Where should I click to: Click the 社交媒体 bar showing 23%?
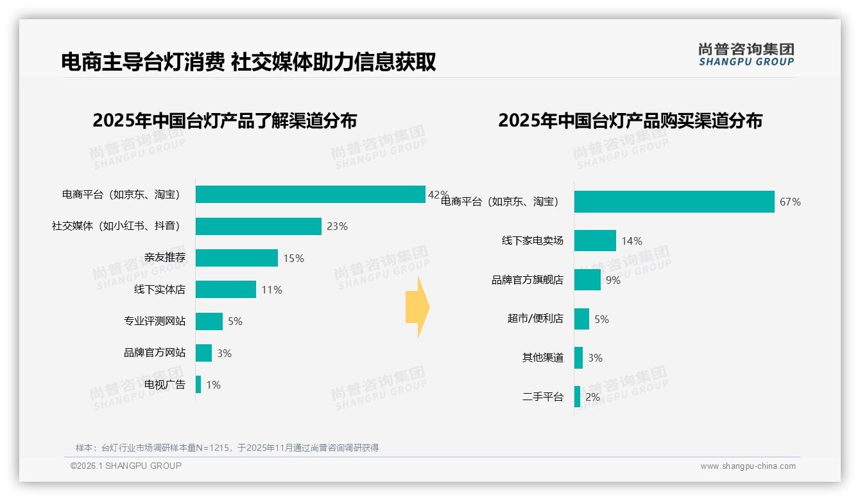pos(258,226)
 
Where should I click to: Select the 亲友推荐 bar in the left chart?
pos(236,258)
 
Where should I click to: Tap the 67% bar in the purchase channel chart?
pos(674,202)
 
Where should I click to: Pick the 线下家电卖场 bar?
pos(595,241)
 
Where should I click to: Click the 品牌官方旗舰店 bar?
pos(587,280)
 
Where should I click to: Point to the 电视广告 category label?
pos(165,385)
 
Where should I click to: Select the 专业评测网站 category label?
pos(155,321)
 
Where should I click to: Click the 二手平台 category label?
pos(543,397)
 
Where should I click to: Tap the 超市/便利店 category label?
pos(535,319)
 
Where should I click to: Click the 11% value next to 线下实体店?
pos(271,290)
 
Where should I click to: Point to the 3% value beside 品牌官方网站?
pos(224,353)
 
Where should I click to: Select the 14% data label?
pos(632,242)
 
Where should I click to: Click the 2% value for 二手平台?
pos(592,397)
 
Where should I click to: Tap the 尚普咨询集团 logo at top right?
pos(746,55)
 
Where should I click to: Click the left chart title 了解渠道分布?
pos(225,121)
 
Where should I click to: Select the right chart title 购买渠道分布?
pos(630,121)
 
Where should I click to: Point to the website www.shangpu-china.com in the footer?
pos(748,466)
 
